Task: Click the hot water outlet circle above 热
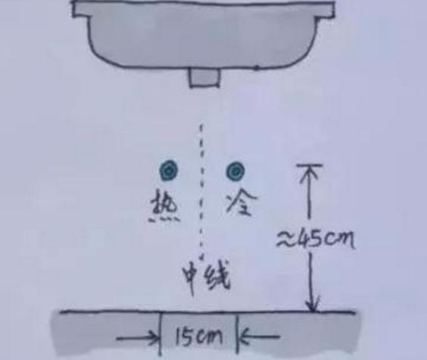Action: (x=169, y=170)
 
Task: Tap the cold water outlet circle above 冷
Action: (x=235, y=171)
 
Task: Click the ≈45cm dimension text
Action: (x=316, y=239)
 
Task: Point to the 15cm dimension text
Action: (x=198, y=337)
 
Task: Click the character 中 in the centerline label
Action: (x=192, y=277)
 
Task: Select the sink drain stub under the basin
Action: (x=204, y=77)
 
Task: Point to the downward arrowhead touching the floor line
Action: (x=313, y=305)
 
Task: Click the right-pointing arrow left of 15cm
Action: (x=138, y=339)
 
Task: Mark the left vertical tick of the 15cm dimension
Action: (x=161, y=333)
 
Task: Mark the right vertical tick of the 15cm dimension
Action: (x=238, y=333)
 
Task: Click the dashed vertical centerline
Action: (x=202, y=191)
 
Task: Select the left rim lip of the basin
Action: (x=81, y=9)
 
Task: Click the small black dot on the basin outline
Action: (x=256, y=68)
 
